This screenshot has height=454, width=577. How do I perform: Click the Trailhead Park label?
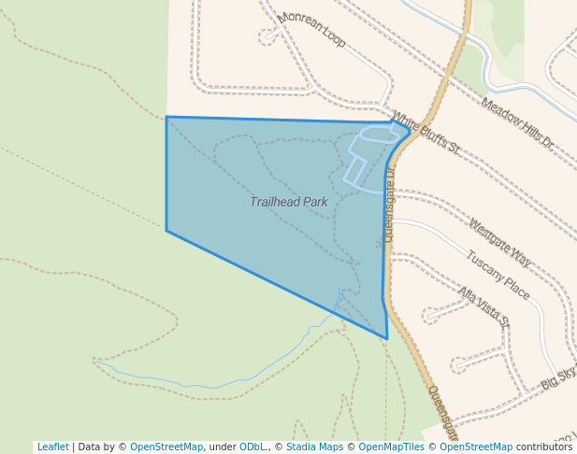coord(289,202)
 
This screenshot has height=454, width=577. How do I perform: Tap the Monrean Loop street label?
coord(312,30)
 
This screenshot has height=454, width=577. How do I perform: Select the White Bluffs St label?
coord(426,133)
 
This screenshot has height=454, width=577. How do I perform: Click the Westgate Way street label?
coord(499,244)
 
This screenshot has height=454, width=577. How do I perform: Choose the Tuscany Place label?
coord(498,276)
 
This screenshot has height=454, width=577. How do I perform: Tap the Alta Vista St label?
coord(483,305)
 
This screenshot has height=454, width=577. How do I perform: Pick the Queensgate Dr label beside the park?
coord(389,204)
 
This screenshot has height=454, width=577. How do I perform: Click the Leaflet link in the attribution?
coord(52,447)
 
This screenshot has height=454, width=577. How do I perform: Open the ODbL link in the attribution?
coord(252,447)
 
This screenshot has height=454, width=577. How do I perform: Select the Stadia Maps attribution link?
coord(314,447)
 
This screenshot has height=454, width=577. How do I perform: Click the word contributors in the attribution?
coord(544,447)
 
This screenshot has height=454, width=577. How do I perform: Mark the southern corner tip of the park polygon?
coord(386,338)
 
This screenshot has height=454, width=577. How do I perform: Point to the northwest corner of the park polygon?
coord(166,117)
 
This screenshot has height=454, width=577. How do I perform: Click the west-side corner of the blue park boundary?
coord(166,230)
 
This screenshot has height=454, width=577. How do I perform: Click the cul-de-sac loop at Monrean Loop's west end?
coord(270,36)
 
